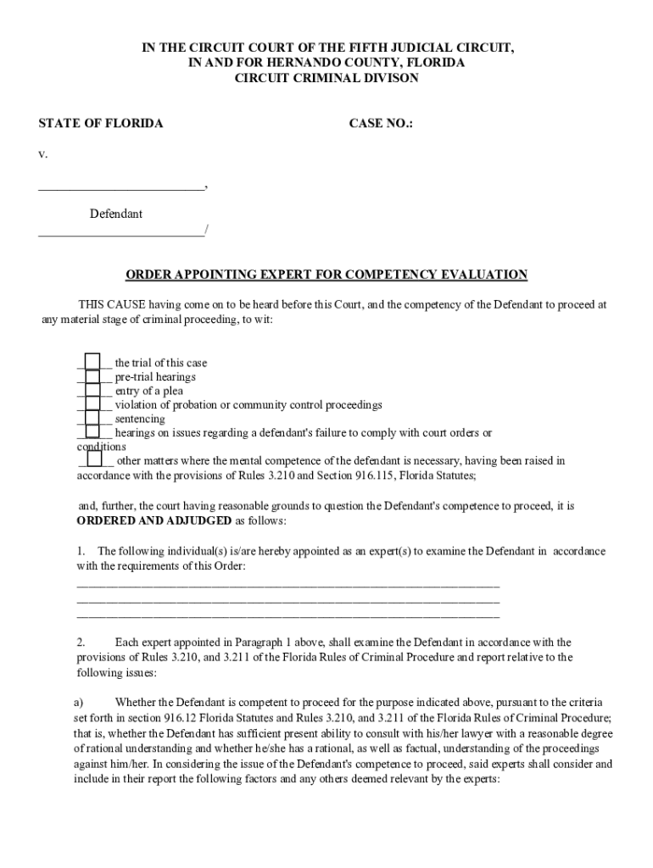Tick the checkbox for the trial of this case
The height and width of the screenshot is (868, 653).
tap(93, 363)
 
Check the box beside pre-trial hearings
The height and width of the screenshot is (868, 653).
tap(93, 376)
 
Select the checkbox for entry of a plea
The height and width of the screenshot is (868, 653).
tap(93, 391)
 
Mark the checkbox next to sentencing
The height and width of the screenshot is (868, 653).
tap(93, 419)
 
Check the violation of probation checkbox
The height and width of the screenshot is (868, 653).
tap(93, 404)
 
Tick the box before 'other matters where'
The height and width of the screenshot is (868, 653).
tap(94, 460)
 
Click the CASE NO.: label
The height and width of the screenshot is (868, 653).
tap(381, 124)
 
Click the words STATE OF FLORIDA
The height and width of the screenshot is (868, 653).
tap(101, 124)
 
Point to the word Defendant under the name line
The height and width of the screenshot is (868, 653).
tap(116, 214)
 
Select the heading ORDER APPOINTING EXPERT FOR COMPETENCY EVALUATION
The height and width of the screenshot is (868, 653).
tap(326, 275)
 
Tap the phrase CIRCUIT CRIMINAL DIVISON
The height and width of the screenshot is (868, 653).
tap(326, 78)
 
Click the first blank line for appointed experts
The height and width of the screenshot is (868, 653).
tap(288, 584)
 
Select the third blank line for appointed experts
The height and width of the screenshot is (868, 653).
tap(288, 615)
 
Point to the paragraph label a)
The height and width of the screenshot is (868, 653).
tap(78, 702)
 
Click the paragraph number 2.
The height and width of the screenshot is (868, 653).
tap(81, 642)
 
